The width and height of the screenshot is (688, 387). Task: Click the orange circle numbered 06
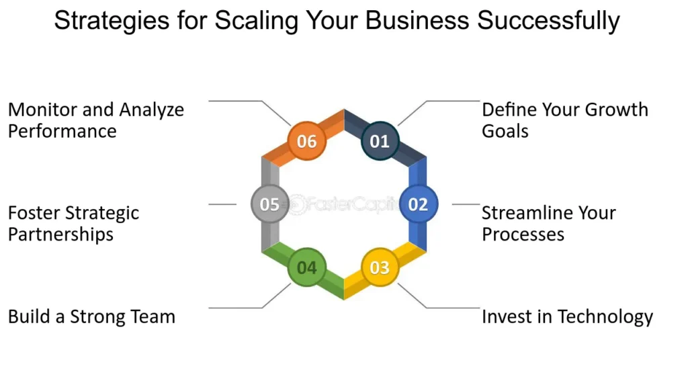[x=307, y=142]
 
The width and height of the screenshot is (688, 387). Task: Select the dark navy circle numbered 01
[x=380, y=142]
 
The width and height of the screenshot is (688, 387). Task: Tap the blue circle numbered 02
[x=418, y=204]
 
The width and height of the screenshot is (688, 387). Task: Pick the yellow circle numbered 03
[x=380, y=267]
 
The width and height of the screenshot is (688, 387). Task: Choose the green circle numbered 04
[x=307, y=267]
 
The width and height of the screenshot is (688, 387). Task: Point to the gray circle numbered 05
[x=269, y=204]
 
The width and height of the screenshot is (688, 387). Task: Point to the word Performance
[x=62, y=130]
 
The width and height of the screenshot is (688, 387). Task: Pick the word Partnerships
[x=60, y=234]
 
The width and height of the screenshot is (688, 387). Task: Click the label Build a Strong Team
[x=91, y=316]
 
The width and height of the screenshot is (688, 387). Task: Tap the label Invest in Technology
[x=567, y=316]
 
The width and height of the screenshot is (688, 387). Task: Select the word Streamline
[x=524, y=214]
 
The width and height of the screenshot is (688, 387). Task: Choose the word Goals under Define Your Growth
[x=505, y=130]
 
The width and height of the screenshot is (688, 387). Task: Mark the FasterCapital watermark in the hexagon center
[x=345, y=204]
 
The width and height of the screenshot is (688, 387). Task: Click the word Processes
[x=523, y=234]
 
